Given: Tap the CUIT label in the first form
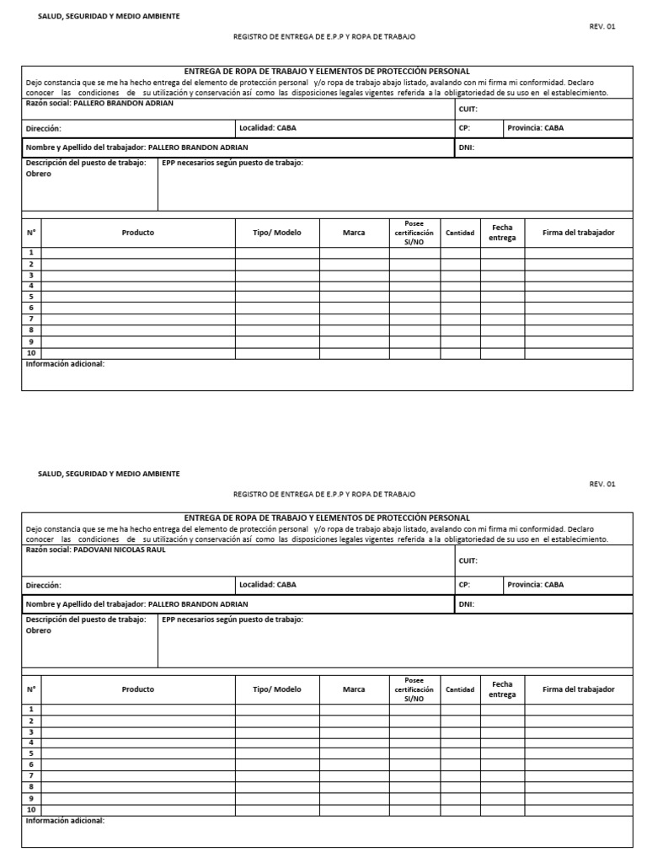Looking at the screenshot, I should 468,109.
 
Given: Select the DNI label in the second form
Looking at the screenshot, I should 467,604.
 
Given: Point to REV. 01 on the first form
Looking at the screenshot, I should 602,26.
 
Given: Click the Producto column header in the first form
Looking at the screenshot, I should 138,233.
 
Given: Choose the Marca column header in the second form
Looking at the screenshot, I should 354,689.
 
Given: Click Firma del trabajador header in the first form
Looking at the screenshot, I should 578,233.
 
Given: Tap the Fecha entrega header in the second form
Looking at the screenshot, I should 502,689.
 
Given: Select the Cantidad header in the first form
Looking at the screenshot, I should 460,233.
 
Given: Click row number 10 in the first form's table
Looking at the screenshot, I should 31,352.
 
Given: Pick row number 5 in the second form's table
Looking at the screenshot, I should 31,753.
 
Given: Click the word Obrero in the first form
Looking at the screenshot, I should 39,174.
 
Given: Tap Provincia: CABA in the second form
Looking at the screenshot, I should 536,584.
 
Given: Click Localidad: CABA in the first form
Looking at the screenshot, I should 267,128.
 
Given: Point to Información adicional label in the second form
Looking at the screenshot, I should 65,820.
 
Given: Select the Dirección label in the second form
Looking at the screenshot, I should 44,585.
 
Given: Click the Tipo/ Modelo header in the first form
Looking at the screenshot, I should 277,233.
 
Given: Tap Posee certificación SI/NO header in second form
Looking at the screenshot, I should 413,689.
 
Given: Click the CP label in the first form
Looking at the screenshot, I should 464,128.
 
